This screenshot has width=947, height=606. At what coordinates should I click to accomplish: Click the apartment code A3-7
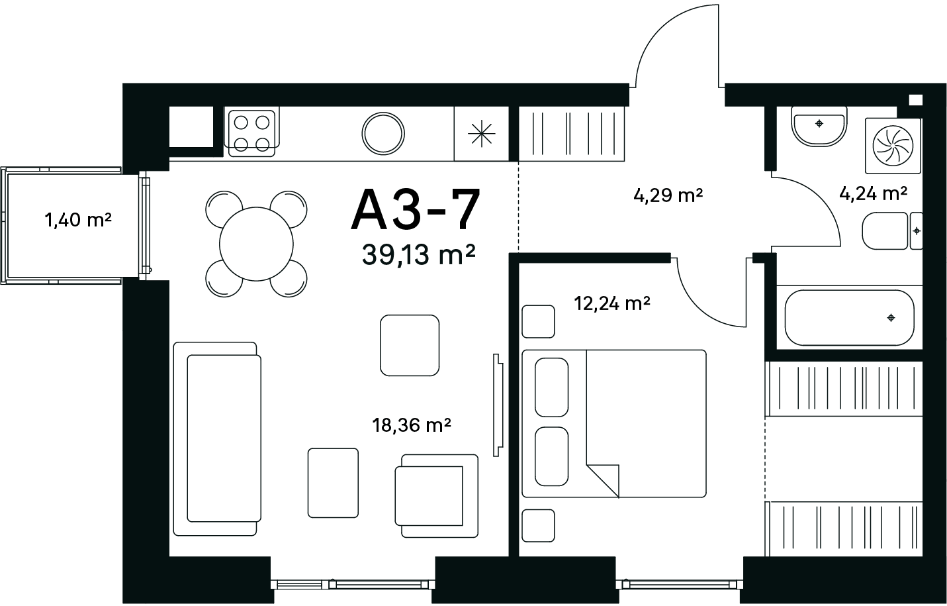[416, 210]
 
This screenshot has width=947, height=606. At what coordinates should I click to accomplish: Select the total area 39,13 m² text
[418, 255]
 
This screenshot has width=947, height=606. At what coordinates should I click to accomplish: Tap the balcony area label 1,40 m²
[78, 220]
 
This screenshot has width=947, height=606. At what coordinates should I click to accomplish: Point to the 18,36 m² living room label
[412, 425]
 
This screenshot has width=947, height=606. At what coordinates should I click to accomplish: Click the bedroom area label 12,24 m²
[611, 303]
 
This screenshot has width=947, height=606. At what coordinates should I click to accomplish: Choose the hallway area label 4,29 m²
[668, 195]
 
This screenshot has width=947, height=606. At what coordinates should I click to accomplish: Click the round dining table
[256, 244]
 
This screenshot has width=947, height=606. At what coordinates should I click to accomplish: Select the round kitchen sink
[383, 133]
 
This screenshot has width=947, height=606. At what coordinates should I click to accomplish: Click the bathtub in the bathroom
[849, 317]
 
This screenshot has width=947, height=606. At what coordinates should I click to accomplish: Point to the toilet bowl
[892, 230]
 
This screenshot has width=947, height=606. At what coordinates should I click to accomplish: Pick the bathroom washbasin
[819, 126]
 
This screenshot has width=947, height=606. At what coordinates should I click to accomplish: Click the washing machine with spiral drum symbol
[893, 146]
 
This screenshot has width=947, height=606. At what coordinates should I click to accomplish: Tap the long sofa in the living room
[217, 439]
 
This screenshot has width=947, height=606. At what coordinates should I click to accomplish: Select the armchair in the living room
[437, 496]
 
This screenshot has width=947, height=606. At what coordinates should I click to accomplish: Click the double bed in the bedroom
[614, 423]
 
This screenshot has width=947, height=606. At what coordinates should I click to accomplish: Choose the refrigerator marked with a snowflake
[482, 134]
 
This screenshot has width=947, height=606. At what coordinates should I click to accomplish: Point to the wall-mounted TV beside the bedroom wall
[498, 405]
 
